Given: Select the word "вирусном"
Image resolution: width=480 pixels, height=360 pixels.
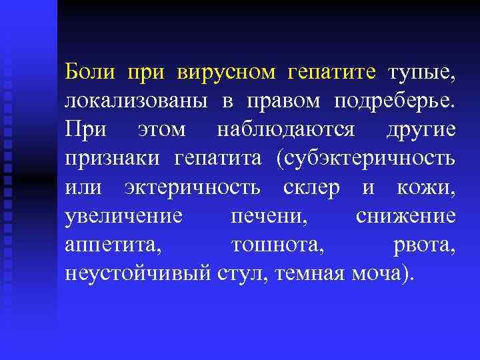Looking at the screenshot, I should point(226,71).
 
